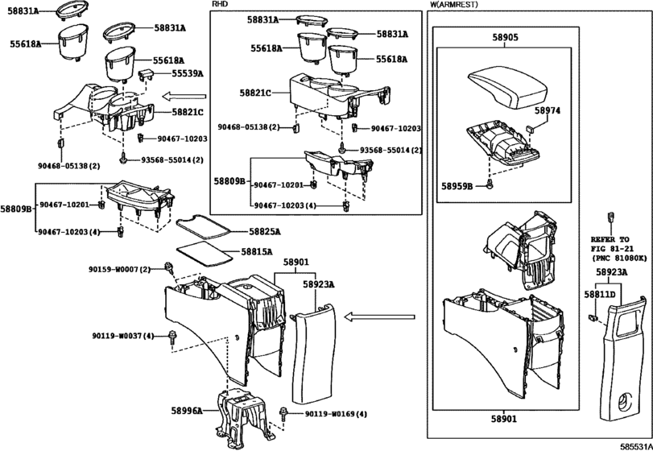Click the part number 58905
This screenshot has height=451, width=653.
505,38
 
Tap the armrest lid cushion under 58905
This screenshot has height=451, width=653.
506,89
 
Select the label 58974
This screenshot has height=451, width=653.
548,111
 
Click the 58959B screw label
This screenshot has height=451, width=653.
457,187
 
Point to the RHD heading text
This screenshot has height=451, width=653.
220,4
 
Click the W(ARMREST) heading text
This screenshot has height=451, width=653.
453,5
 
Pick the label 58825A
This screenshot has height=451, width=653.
264,231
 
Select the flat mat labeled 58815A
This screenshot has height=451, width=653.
205,252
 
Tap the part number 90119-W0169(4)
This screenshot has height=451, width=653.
336,414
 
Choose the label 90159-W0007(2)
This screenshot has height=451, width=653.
118,270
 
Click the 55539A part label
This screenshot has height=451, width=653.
188,74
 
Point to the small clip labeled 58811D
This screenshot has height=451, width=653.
592,318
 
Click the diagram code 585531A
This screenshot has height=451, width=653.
636,446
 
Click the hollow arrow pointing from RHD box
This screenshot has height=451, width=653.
184,97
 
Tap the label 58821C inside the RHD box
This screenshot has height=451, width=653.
255,93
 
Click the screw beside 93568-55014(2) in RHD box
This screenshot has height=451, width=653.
342,148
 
